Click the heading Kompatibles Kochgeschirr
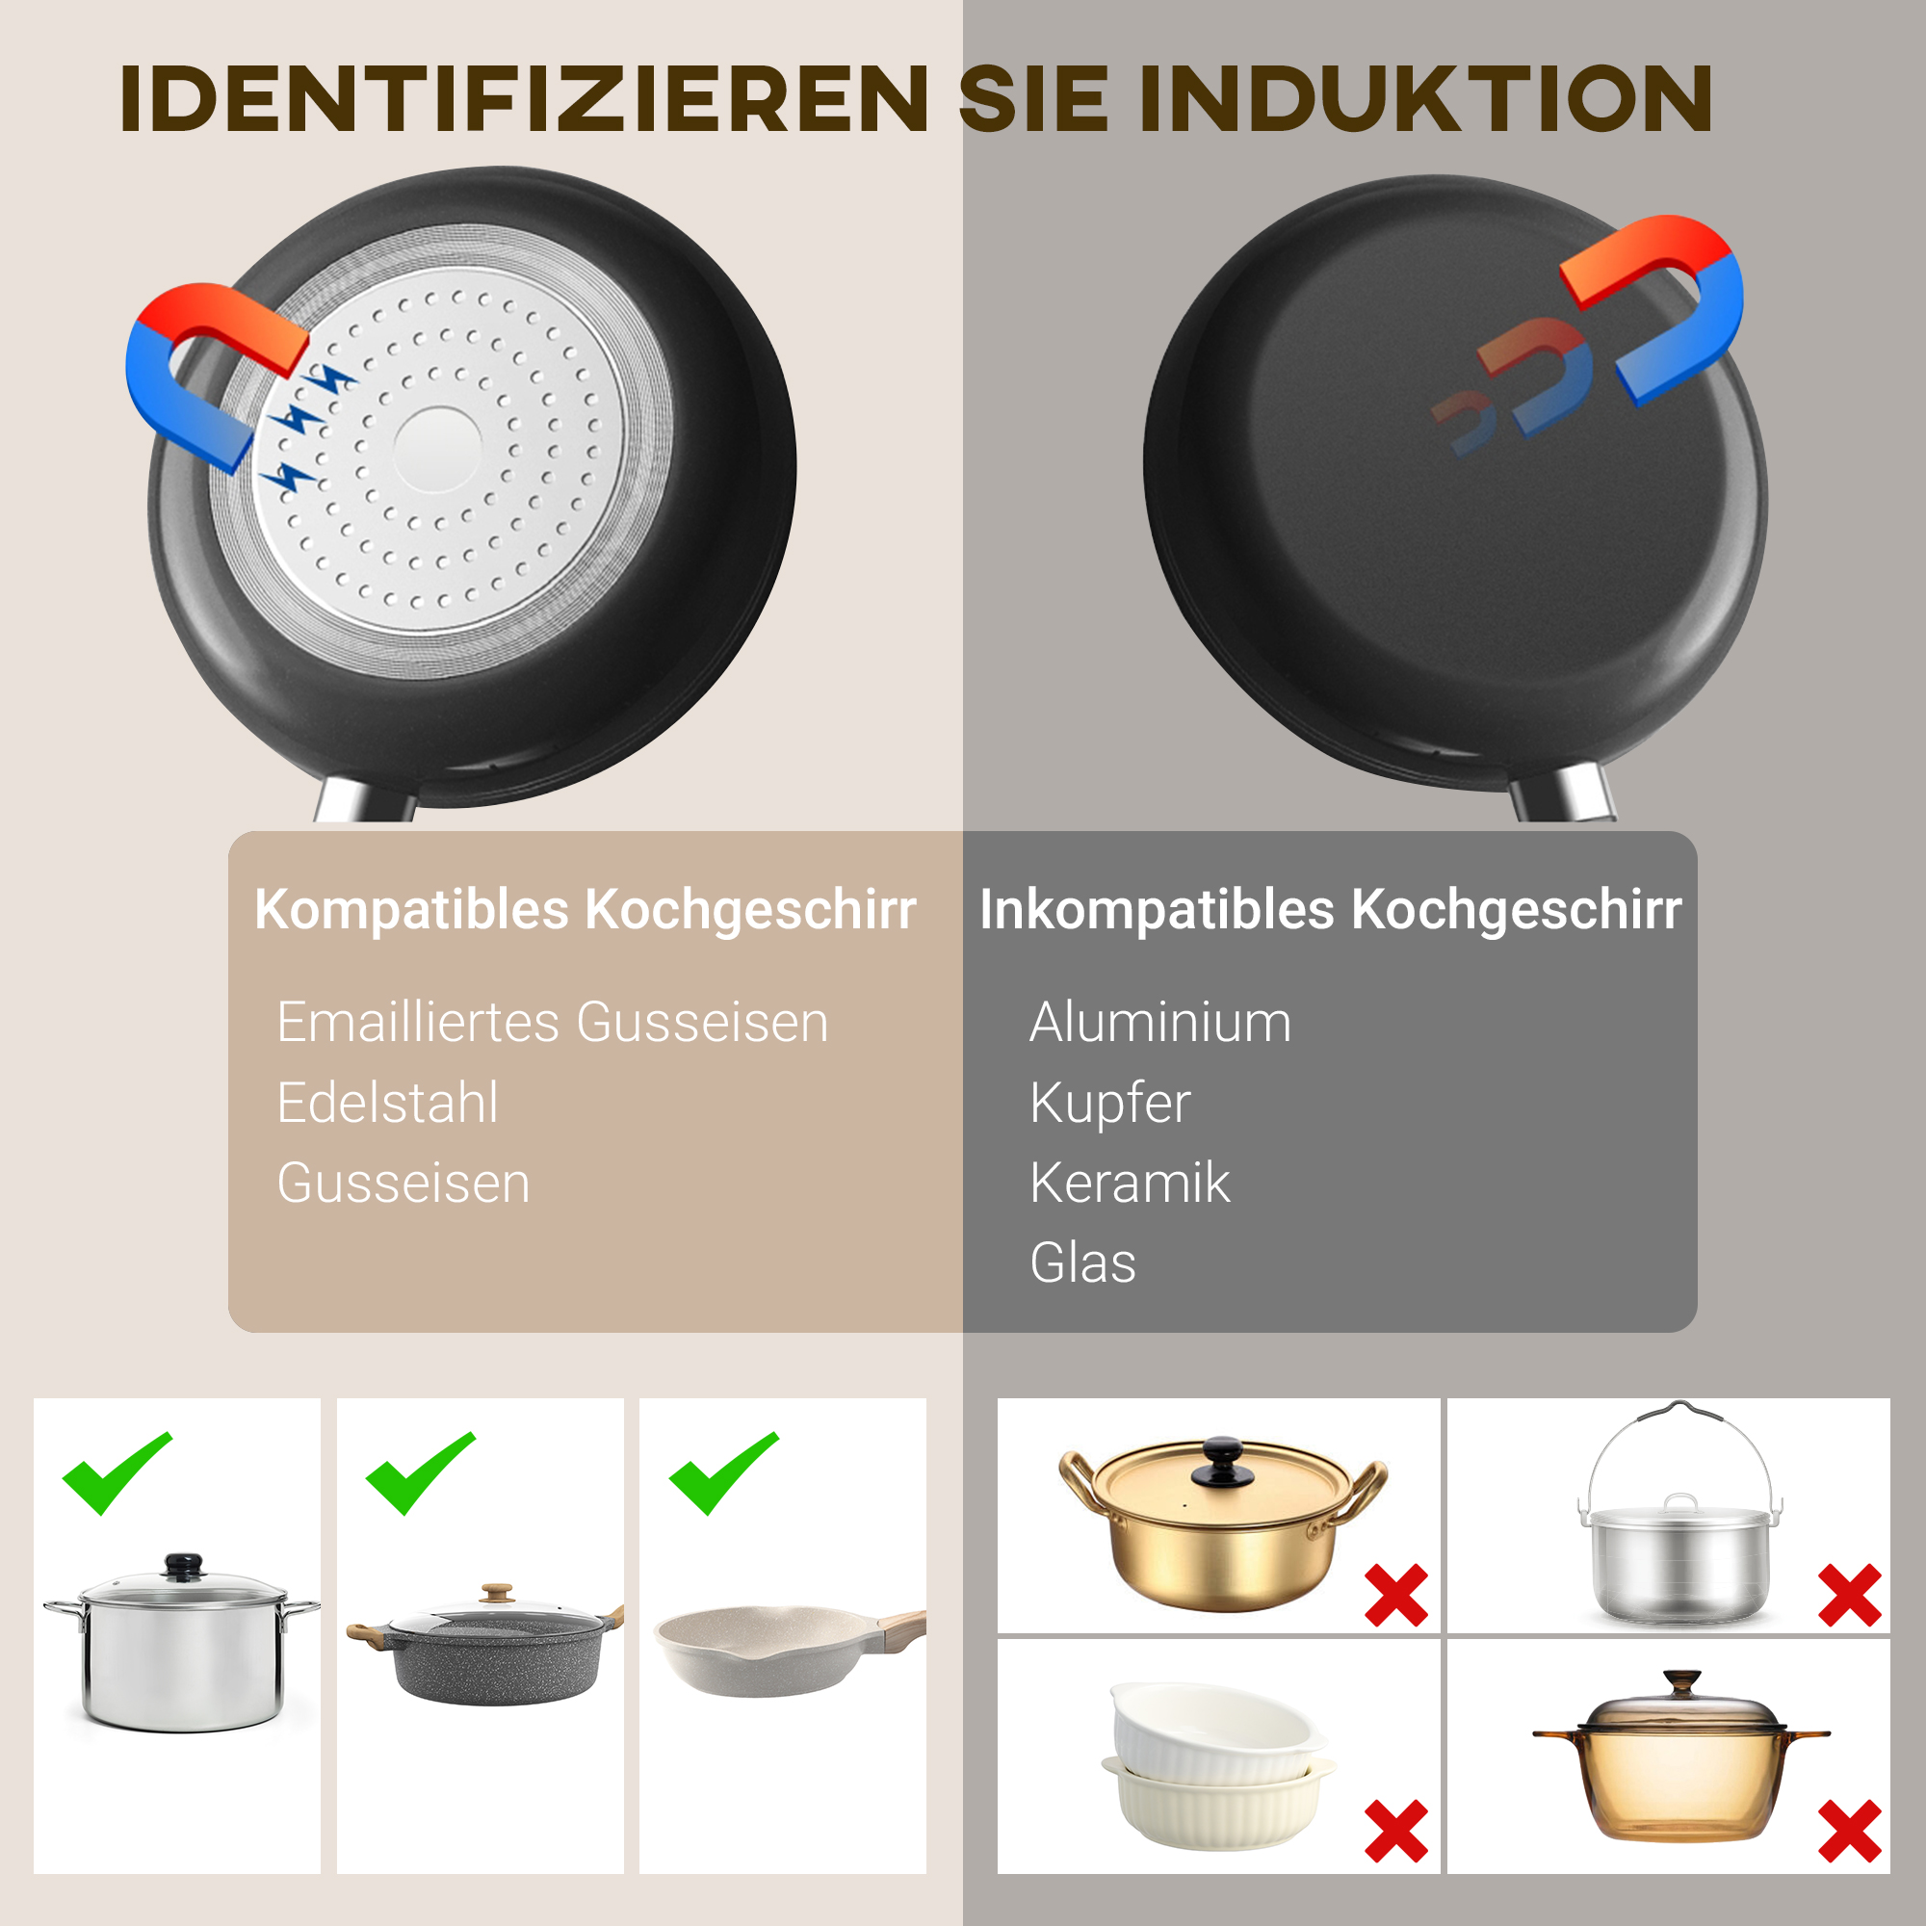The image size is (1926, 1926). [586, 909]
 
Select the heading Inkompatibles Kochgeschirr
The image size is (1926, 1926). [1330, 909]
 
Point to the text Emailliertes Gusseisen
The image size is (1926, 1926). [552, 1023]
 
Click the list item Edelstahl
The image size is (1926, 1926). [387, 1103]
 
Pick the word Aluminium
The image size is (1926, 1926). [1159, 1023]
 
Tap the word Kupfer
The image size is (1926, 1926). [1109, 1103]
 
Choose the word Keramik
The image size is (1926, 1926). [1130, 1184]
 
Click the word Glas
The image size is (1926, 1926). [1082, 1263]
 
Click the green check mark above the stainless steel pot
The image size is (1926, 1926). [116, 1471]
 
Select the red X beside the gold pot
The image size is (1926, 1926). [1395, 1595]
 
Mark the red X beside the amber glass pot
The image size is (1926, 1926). [1849, 1832]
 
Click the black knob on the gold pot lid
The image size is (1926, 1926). [1221, 1462]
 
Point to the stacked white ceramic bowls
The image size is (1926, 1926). [1218, 1764]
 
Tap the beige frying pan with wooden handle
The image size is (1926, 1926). [783, 1650]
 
